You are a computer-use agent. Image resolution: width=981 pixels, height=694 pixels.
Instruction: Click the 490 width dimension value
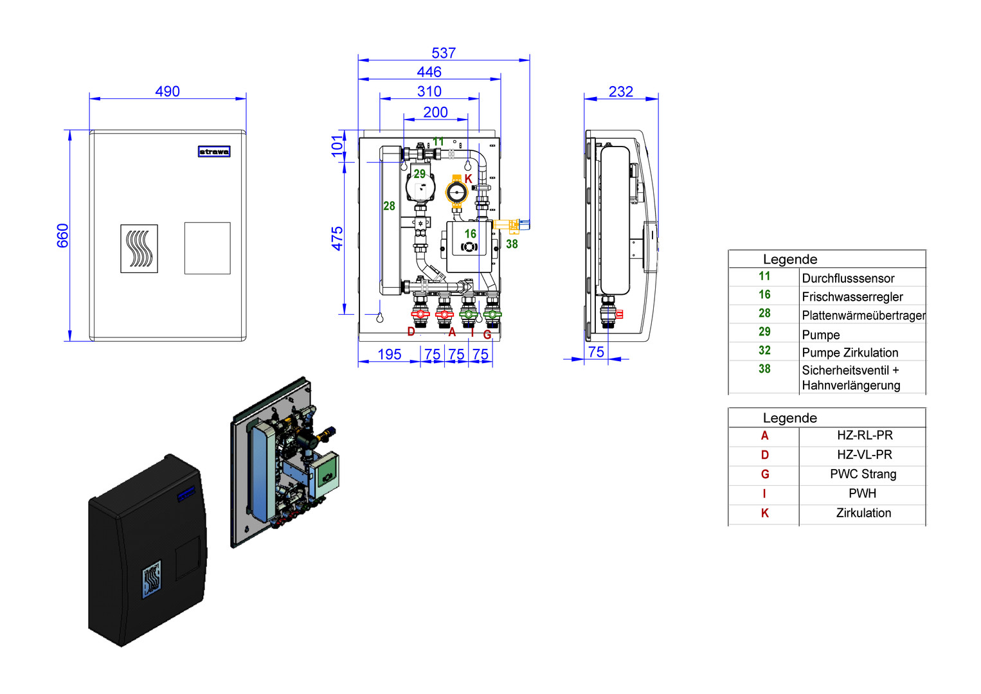167,91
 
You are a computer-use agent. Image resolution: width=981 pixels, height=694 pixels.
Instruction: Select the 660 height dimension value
62,235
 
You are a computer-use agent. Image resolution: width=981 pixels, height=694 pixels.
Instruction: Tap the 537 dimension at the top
444,53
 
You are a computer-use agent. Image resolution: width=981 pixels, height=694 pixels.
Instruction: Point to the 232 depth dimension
620,92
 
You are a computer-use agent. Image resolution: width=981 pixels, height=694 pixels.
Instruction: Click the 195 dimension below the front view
389,354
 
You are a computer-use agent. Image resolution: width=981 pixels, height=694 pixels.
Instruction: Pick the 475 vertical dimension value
337,238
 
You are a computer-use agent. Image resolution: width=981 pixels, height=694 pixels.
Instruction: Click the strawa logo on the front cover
214,152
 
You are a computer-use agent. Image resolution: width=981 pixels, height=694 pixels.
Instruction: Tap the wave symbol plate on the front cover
139,249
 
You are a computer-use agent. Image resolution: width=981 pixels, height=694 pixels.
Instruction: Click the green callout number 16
471,234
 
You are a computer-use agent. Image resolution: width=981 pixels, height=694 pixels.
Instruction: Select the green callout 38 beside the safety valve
512,244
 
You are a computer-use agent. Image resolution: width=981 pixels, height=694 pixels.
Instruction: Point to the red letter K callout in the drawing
468,179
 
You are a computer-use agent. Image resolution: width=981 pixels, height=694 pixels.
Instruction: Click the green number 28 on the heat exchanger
389,206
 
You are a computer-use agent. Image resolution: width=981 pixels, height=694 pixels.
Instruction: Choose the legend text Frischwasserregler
852,297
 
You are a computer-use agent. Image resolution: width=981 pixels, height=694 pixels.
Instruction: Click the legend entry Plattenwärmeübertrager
863,316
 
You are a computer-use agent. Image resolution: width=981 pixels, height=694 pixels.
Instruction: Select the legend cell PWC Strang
863,474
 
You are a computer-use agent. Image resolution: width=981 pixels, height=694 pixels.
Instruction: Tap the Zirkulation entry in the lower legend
863,513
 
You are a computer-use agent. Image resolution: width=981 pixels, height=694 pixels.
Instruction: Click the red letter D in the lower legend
764,455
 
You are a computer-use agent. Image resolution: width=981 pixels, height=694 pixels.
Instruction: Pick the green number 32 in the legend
764,350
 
